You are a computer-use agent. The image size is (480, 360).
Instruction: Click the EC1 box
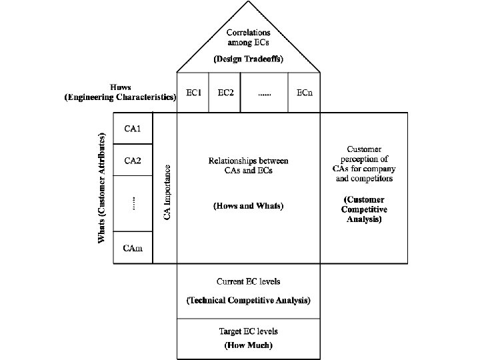click(x=193, y=93)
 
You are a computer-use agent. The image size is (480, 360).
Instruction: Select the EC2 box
click(x=225, y=93)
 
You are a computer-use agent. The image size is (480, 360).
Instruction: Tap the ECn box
click(x=305, y=93)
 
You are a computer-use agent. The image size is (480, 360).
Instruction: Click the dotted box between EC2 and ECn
click(x=264, y=93)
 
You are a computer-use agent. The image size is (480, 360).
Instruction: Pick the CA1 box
click(x=133, y=128)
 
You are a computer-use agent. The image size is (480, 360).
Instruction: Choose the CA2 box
click(x=133, y=160)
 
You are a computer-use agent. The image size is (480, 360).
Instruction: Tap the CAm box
click(x=133, y=248)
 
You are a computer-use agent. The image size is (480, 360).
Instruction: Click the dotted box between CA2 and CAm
click(x=133, y=204)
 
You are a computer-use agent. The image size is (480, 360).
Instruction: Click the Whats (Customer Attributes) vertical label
click(x=102, y=188)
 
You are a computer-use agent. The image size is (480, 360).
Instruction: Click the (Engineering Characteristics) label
click(x=120, y=97)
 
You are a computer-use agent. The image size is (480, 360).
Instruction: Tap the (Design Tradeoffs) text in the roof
click(x=248, y=59)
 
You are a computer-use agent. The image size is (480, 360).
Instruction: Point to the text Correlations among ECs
click(x=248, y=37)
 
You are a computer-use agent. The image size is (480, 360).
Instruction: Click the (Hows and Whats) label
click(x=248, y=206)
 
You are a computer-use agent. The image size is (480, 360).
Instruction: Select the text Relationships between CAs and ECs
click(x=248, y=165)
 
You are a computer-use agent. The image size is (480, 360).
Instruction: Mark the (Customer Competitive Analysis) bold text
click(x=365, y=209)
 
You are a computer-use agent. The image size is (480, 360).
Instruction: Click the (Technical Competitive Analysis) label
click(x=248, y=301)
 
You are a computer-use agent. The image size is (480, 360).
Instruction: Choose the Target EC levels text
click(x=248, y=331)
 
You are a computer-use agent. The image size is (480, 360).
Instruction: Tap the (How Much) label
click(x=248, y=345)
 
